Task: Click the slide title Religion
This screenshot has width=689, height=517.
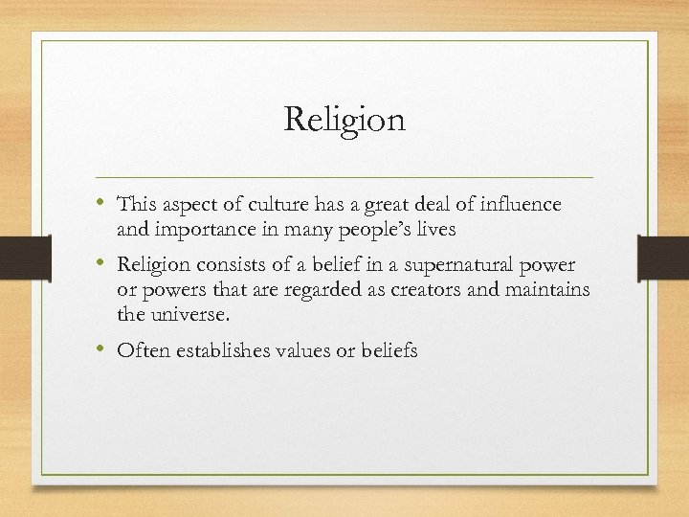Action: click(344, 120)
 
